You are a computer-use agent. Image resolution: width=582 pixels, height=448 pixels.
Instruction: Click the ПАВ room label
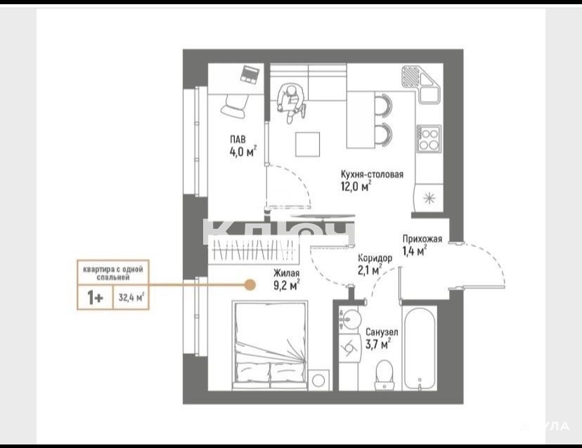coord(238,140)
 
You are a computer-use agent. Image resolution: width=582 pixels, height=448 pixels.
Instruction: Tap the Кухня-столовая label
coord(372,174)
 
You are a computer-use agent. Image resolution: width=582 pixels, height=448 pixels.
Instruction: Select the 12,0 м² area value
coord(356,186)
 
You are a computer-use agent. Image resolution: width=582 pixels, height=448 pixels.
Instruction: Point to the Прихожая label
coord(422,239)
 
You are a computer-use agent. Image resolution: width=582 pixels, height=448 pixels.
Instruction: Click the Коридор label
coord(375,258)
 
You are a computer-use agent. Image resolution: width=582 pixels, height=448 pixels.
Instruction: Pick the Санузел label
coord(382,332)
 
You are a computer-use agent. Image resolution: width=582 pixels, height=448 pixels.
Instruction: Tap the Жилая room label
coord(287,273)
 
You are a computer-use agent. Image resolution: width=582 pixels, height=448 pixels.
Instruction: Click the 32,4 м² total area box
coord(131,297)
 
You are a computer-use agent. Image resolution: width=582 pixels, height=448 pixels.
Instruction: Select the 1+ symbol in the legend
coord(95,298)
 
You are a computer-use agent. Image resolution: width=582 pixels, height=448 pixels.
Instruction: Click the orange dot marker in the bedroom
coord(250,285)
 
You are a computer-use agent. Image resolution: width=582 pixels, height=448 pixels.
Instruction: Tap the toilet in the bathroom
coord(384,374)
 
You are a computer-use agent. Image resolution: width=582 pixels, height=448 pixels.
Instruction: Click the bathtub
coord(420,348)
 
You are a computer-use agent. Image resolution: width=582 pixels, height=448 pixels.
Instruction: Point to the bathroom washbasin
coord(350,319)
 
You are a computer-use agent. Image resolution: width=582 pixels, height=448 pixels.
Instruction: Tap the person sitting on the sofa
coord(292,102)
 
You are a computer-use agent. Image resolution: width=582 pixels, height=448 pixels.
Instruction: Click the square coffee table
coord(307,144)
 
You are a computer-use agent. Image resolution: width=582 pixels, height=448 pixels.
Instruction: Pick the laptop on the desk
coord(250,74)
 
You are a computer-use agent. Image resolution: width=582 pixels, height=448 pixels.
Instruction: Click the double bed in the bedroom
coord(270,345)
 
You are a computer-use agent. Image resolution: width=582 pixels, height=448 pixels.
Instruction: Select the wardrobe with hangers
coord(253,249)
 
